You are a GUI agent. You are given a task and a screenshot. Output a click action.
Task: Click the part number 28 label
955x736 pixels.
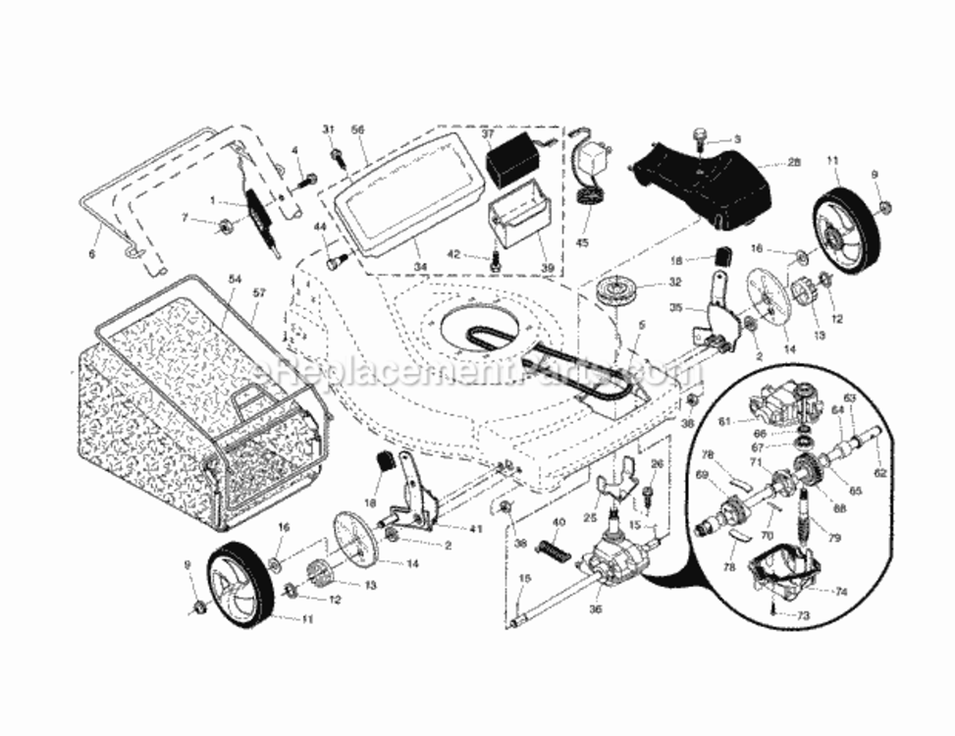pos(794,162)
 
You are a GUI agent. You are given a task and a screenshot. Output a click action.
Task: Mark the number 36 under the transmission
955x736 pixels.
pos(595,608)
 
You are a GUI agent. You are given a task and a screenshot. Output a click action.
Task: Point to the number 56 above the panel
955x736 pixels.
pos(357,130)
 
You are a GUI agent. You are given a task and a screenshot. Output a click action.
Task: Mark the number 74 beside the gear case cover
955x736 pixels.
pos(841,592)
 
